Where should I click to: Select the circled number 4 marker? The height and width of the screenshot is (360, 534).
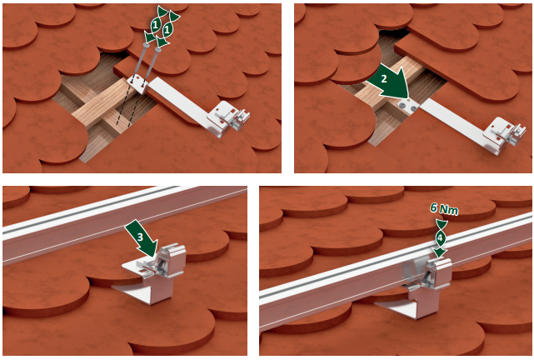tap(440, 238)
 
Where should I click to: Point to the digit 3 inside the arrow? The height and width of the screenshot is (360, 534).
tap(140, 237)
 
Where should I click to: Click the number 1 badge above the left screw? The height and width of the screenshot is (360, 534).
tap(155, 25)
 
